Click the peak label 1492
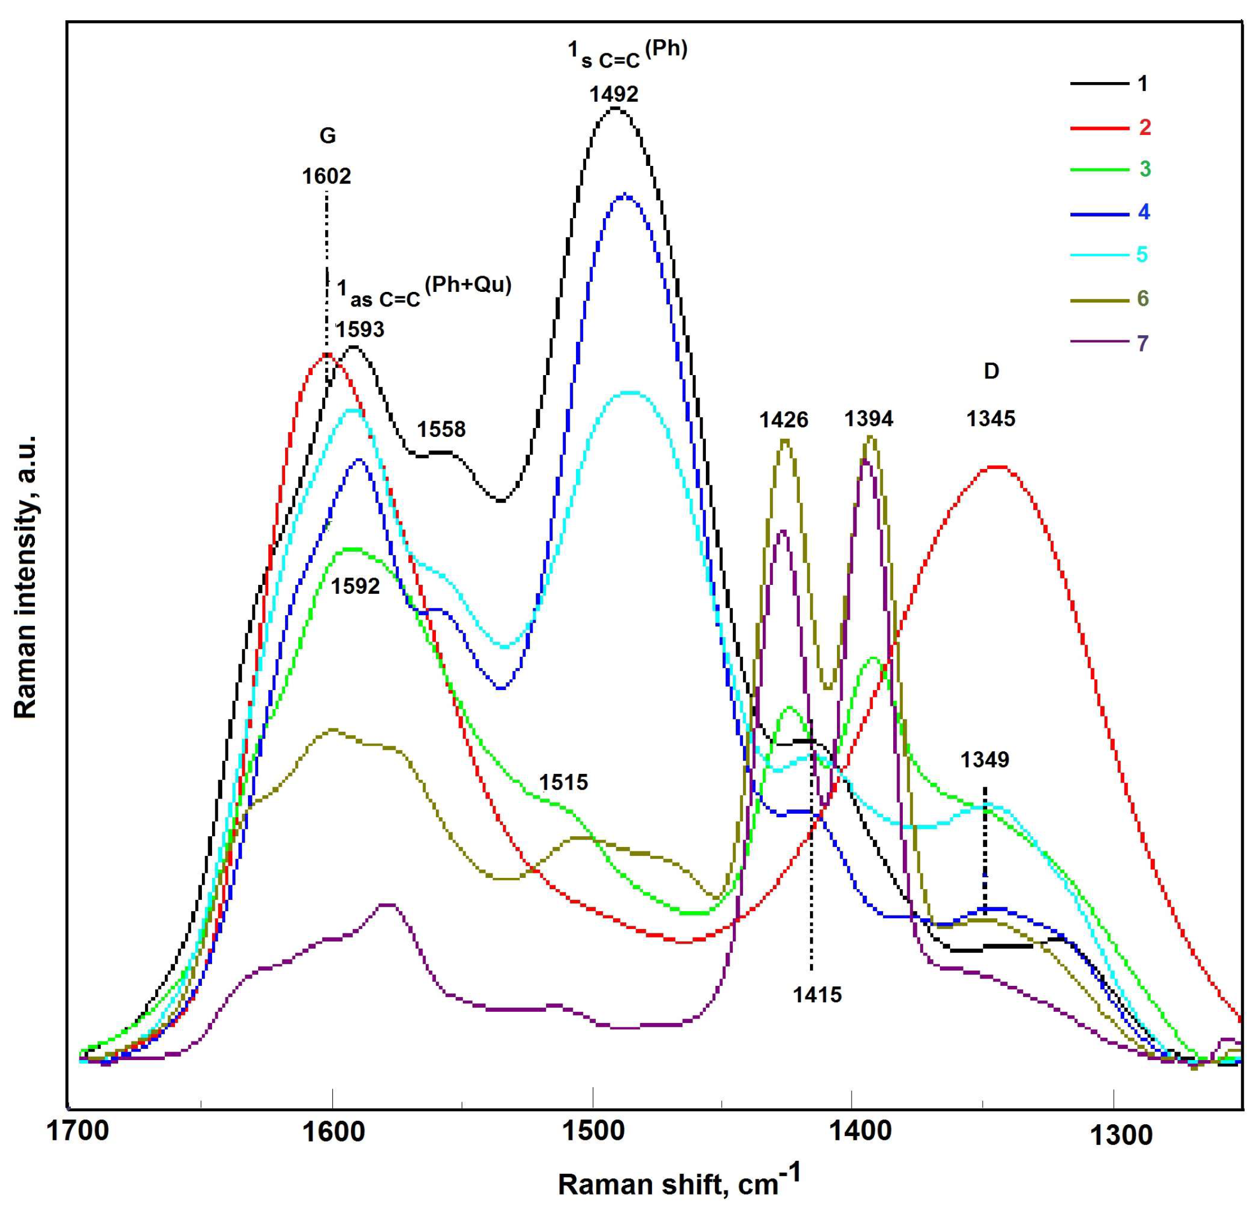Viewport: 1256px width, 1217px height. point(614,94)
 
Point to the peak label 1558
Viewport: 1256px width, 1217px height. point(442,429)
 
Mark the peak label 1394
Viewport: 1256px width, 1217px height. point(868,418)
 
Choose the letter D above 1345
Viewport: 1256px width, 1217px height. point(991,371)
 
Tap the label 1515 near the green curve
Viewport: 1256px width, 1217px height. point(563,782)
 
